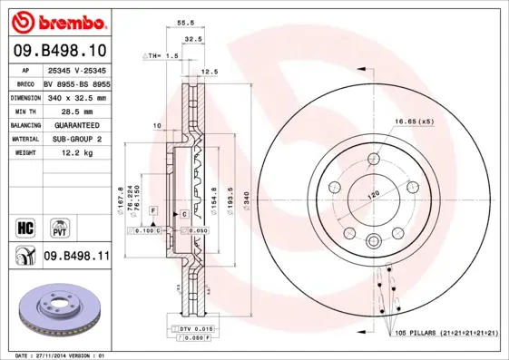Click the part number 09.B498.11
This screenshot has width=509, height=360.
[x=76, y=257]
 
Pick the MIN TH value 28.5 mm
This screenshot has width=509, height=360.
[x=66, y=111]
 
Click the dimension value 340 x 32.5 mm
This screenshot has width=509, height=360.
[x=76, y=97]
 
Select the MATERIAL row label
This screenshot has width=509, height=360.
[x=24, y=140]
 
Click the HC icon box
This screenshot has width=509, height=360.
[x=25, y=224]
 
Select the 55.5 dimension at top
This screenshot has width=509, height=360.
[x=184, y=22]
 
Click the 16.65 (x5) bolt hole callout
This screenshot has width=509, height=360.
[x=413, y=122]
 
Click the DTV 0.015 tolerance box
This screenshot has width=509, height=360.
[x=194, y=327]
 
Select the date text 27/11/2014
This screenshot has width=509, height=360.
[x=62, y=355]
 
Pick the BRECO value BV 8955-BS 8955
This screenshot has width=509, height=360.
[x=76, y=83]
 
